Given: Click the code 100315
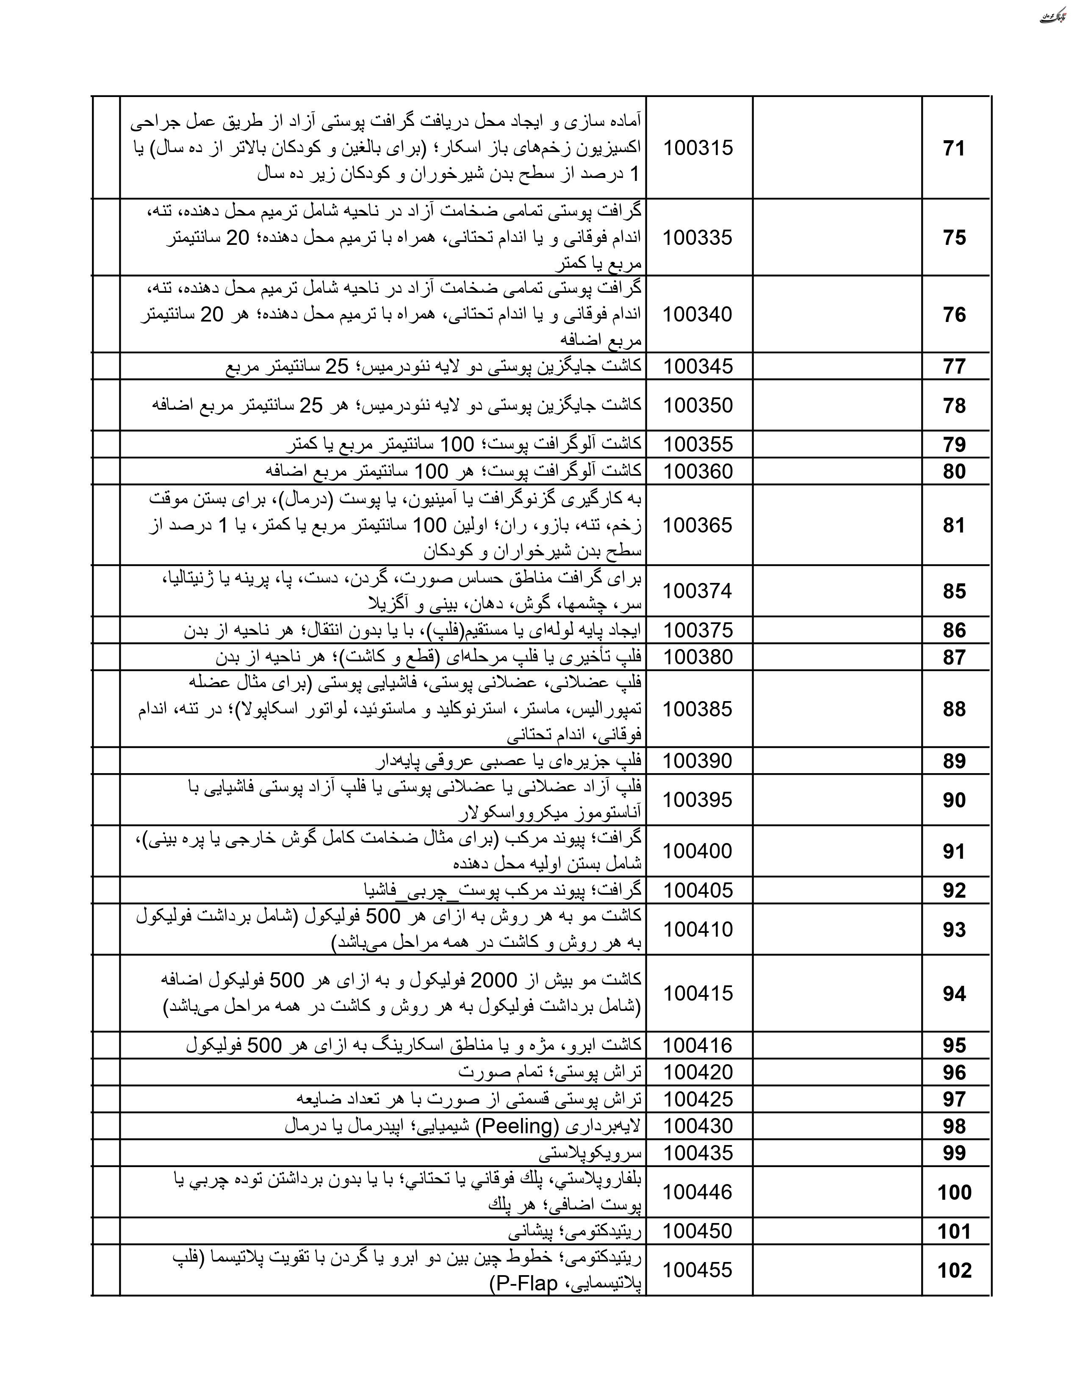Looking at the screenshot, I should click(x=698, y=148).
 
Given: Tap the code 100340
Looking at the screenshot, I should click(x=698, y=314).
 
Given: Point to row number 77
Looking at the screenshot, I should click(x=953, y=367).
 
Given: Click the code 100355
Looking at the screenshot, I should click(x=698, y=444).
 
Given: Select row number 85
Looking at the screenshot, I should click(x=953, y=591).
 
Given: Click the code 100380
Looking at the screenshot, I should click(x=698, y=657).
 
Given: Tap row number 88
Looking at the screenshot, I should click(x=953, y=709).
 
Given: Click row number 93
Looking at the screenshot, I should click(x=953, y=929).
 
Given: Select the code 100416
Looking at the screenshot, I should click(x=698, y=1045).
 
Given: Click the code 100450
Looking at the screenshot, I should click(x=698, y=1231).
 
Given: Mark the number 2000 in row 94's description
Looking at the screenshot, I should click(x=493, y=980).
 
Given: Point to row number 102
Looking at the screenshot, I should click(x=954, y=1270).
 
